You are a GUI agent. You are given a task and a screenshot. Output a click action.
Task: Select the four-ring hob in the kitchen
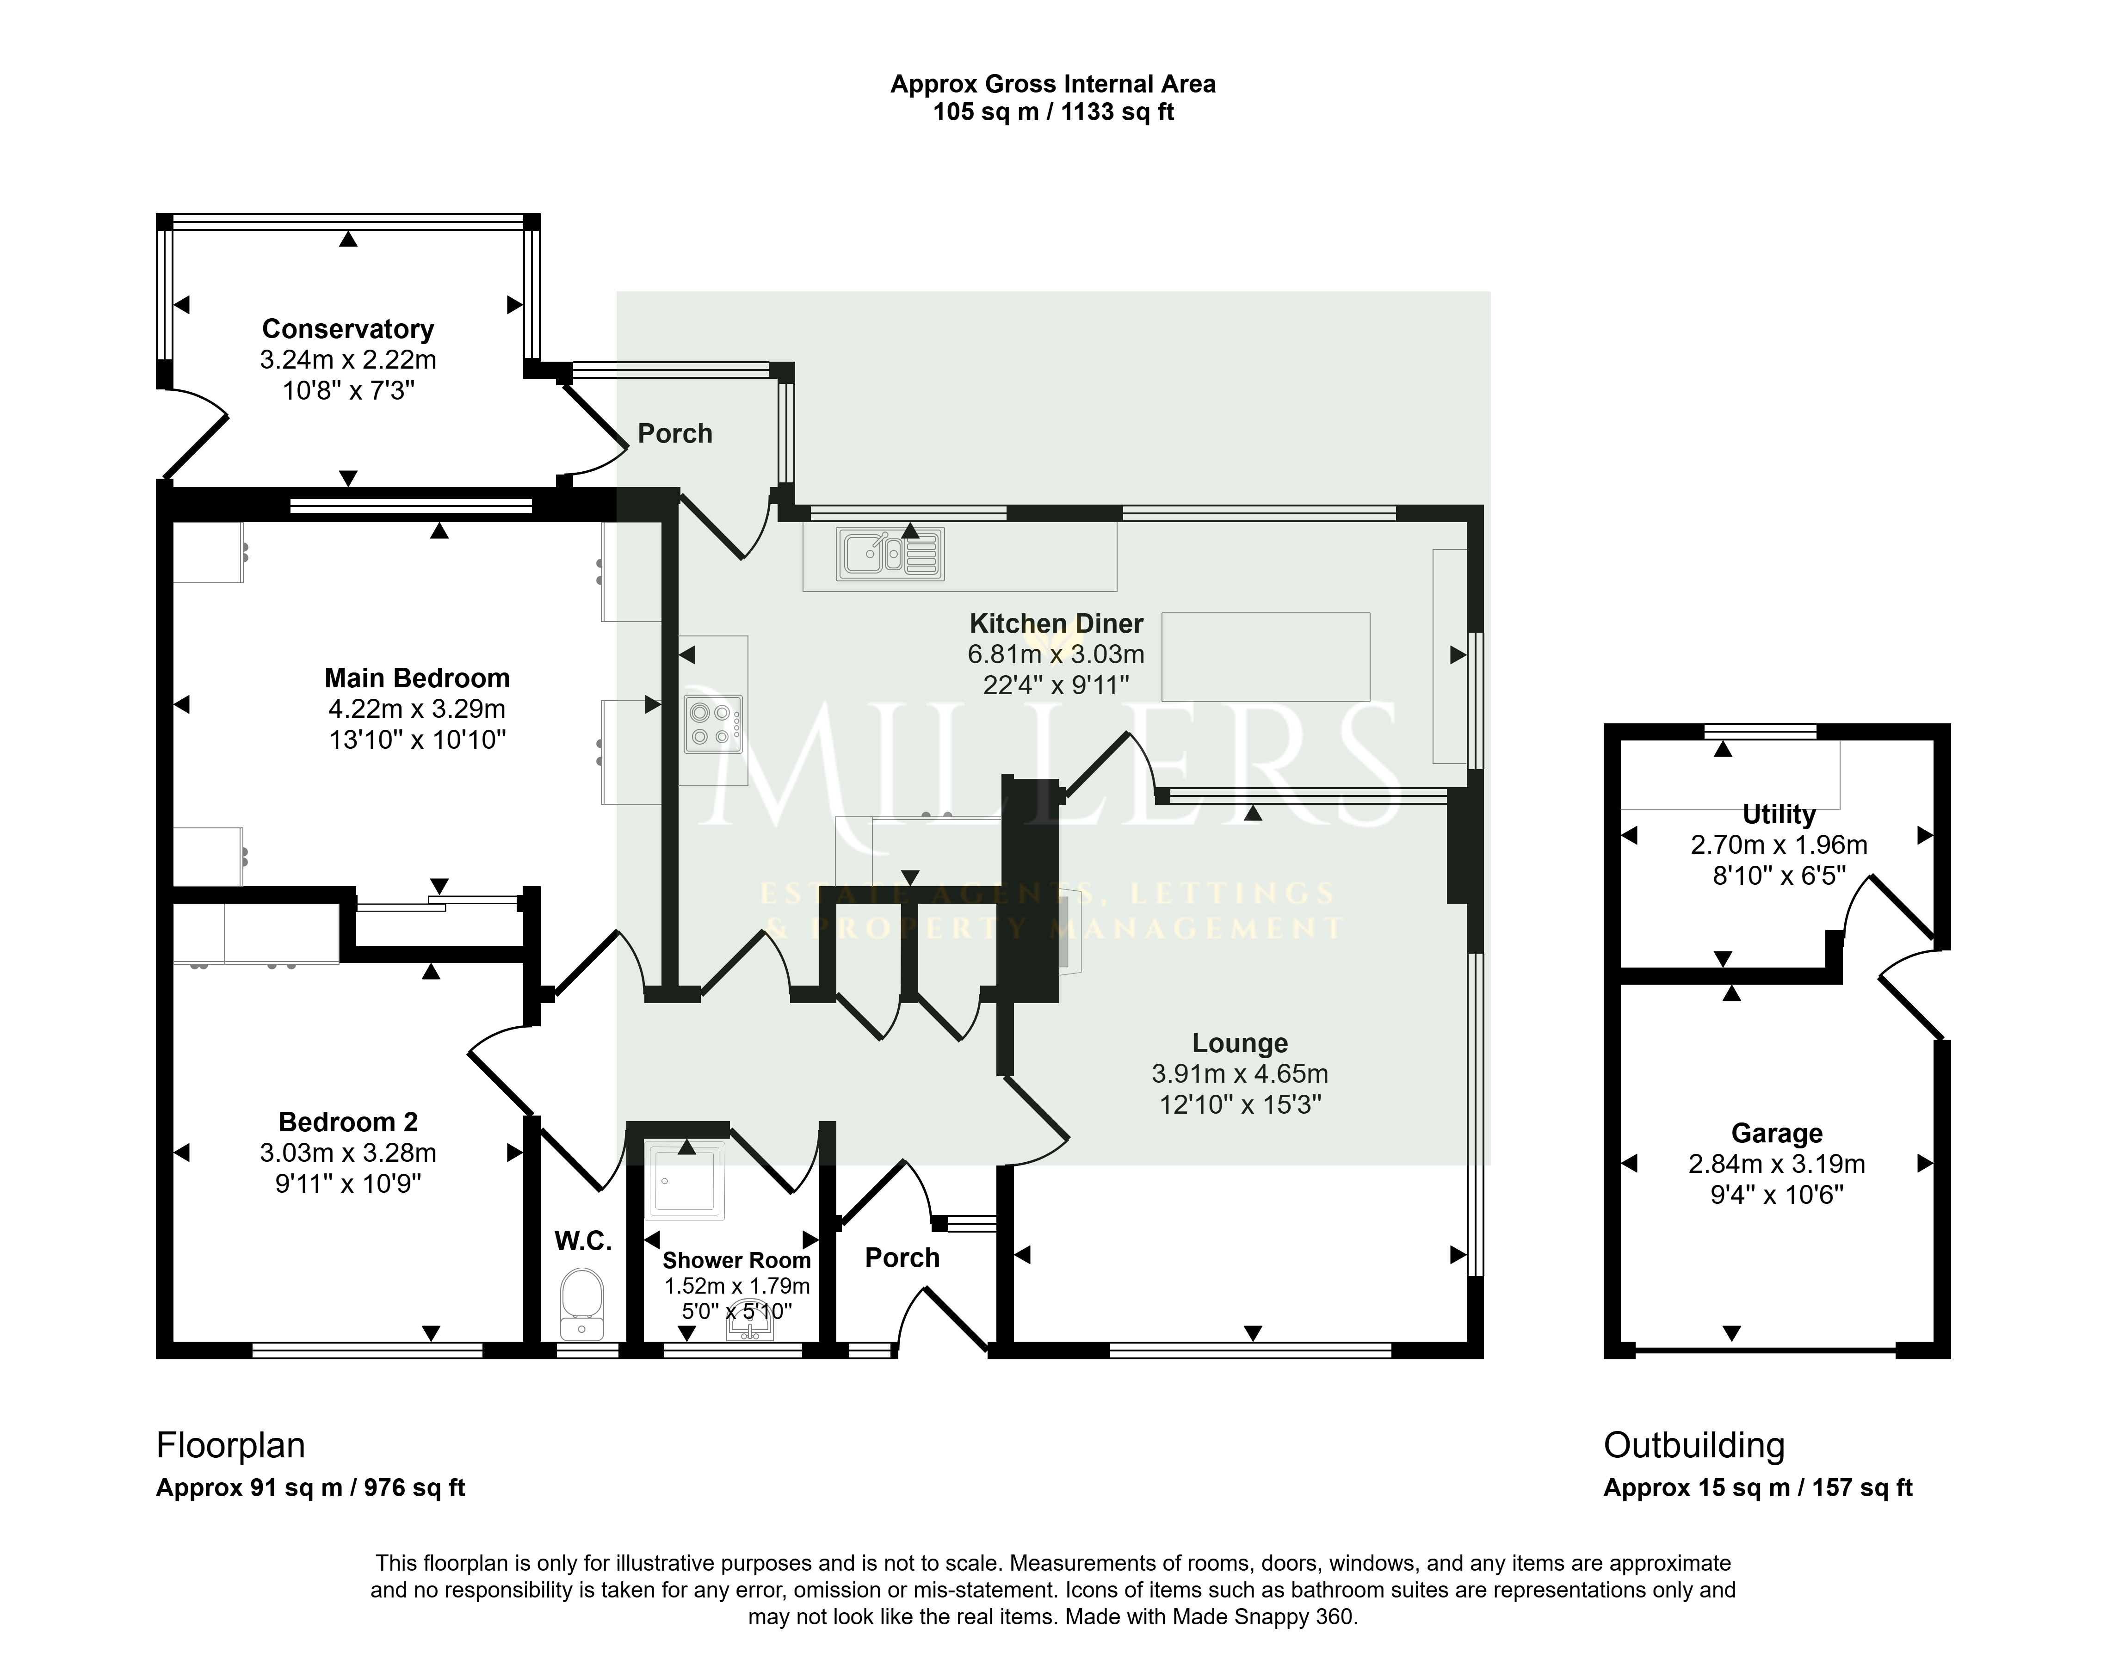[x=714, y=723]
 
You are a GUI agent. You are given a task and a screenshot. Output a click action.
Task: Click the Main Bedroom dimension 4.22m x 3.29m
[x=417, y=709]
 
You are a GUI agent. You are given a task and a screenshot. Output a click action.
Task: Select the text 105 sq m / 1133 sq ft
[x=1053, y=112]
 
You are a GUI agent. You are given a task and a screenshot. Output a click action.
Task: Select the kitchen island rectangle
[x=1266, y=657]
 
